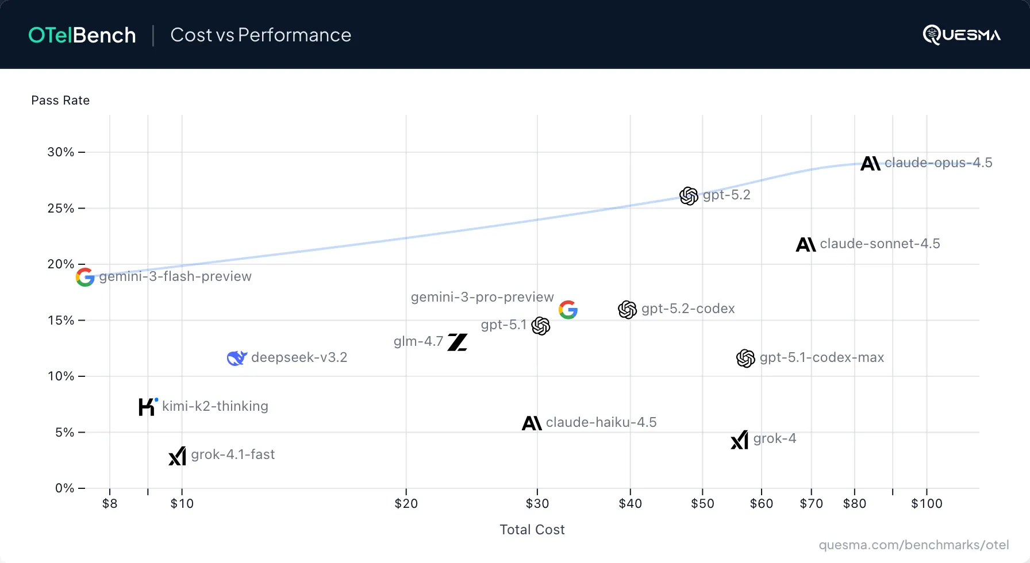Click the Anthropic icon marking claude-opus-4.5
(x=870, y=164)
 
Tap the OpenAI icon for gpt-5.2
(x=689, y=196)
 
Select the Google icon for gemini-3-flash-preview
(x=85, y=277)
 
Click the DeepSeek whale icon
(x=237, y=358)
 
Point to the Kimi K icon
(x=148, y=407)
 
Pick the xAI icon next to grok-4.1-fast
(x=178, y=456)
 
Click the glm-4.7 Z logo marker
(x=458, y=342)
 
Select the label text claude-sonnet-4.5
(x=879, y=244)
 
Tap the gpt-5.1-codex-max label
(x=821, y=357)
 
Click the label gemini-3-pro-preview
(x=482, y=297)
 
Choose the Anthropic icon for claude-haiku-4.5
(x=532, y=423)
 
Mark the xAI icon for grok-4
(x=740, y=439)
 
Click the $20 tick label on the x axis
(x=406, y=504)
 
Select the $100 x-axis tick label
(x=927, y=504)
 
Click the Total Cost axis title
(x=532, y=530)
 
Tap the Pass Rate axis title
(x=60, y=101)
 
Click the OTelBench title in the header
(x=82, y=35)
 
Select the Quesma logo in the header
(x=962, y=34)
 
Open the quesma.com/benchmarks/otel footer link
(x=913, y=545)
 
